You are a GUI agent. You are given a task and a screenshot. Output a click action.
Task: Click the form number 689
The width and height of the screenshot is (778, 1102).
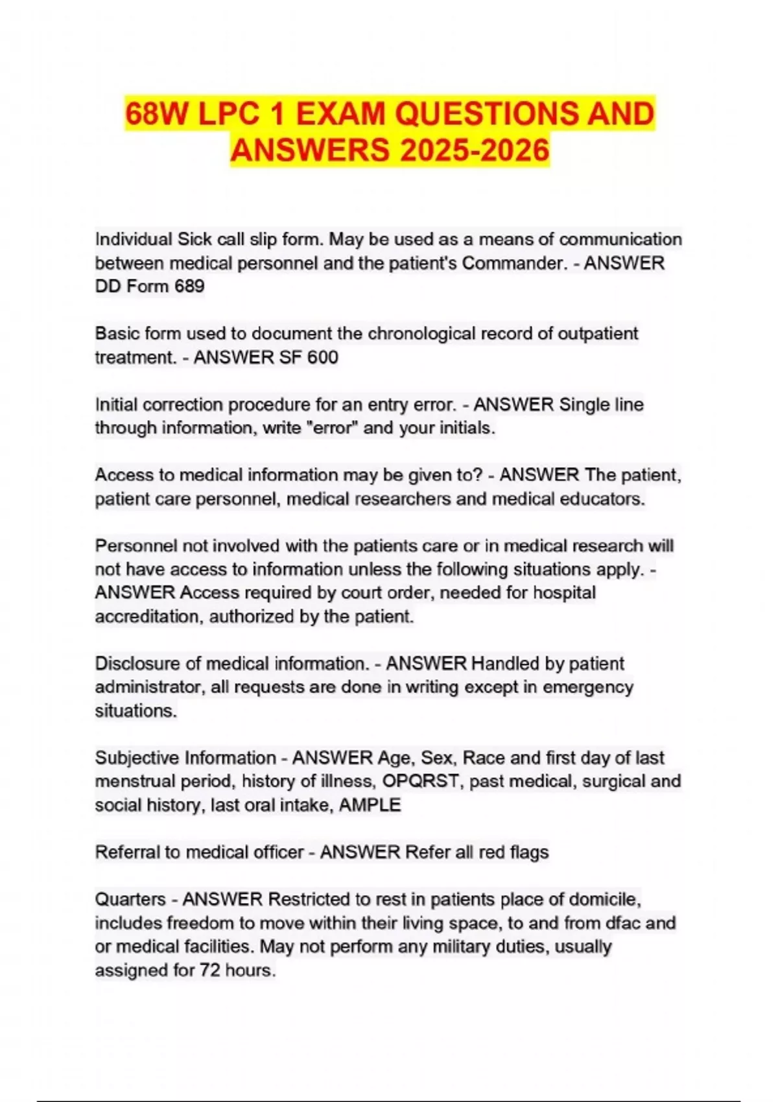coord(189,287)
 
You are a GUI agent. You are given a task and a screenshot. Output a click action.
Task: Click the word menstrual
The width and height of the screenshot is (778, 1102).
coord(134,781)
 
